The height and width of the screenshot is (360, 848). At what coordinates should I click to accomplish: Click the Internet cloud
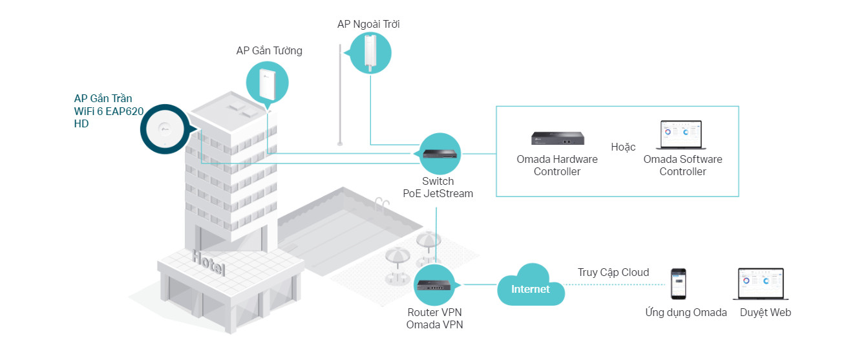click(x=531, y=286)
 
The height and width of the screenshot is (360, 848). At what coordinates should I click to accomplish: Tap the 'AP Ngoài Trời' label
click(x=368, y=24)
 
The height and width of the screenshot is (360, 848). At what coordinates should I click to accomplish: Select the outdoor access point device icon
click(x=370, y=52)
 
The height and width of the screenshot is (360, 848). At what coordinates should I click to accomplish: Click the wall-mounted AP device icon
click(x=268, y=83)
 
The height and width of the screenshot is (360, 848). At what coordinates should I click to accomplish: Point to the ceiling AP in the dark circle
click(x=165, y=129)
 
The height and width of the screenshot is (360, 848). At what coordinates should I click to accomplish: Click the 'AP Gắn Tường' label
click(x=269, y=50)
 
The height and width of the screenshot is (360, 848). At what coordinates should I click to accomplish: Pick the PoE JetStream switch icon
click(x=440, y=154)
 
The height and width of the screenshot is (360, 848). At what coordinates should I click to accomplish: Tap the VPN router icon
click(x=434, y=285)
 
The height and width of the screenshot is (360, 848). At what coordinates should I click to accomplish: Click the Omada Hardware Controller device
click(x=558, y=138)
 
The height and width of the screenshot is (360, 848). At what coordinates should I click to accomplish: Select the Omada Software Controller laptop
click(x=681, y=135)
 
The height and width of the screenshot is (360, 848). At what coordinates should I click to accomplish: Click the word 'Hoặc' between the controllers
click(x=623, y=147)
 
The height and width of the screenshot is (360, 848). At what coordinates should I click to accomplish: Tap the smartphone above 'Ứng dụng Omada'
click(x=679, y=284)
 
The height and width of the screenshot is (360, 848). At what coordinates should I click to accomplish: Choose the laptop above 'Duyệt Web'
click(x=761, y=284)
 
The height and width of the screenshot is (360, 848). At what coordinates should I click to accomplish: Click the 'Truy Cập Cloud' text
click(x=613, y=272)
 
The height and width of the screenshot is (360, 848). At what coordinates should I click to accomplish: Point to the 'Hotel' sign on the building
click(x=209, y=262)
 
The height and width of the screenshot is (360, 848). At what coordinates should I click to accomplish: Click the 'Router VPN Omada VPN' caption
click(x=434, y=319)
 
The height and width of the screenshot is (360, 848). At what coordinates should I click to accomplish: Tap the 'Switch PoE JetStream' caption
click(x=438, y=187)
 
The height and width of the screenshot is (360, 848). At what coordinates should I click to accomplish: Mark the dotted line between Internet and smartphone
click(x=614, y=284)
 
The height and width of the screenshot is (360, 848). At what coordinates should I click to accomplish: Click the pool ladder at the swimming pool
click(x=381, y=204)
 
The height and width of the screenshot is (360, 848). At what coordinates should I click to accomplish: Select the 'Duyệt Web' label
click(x=765, y=313)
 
